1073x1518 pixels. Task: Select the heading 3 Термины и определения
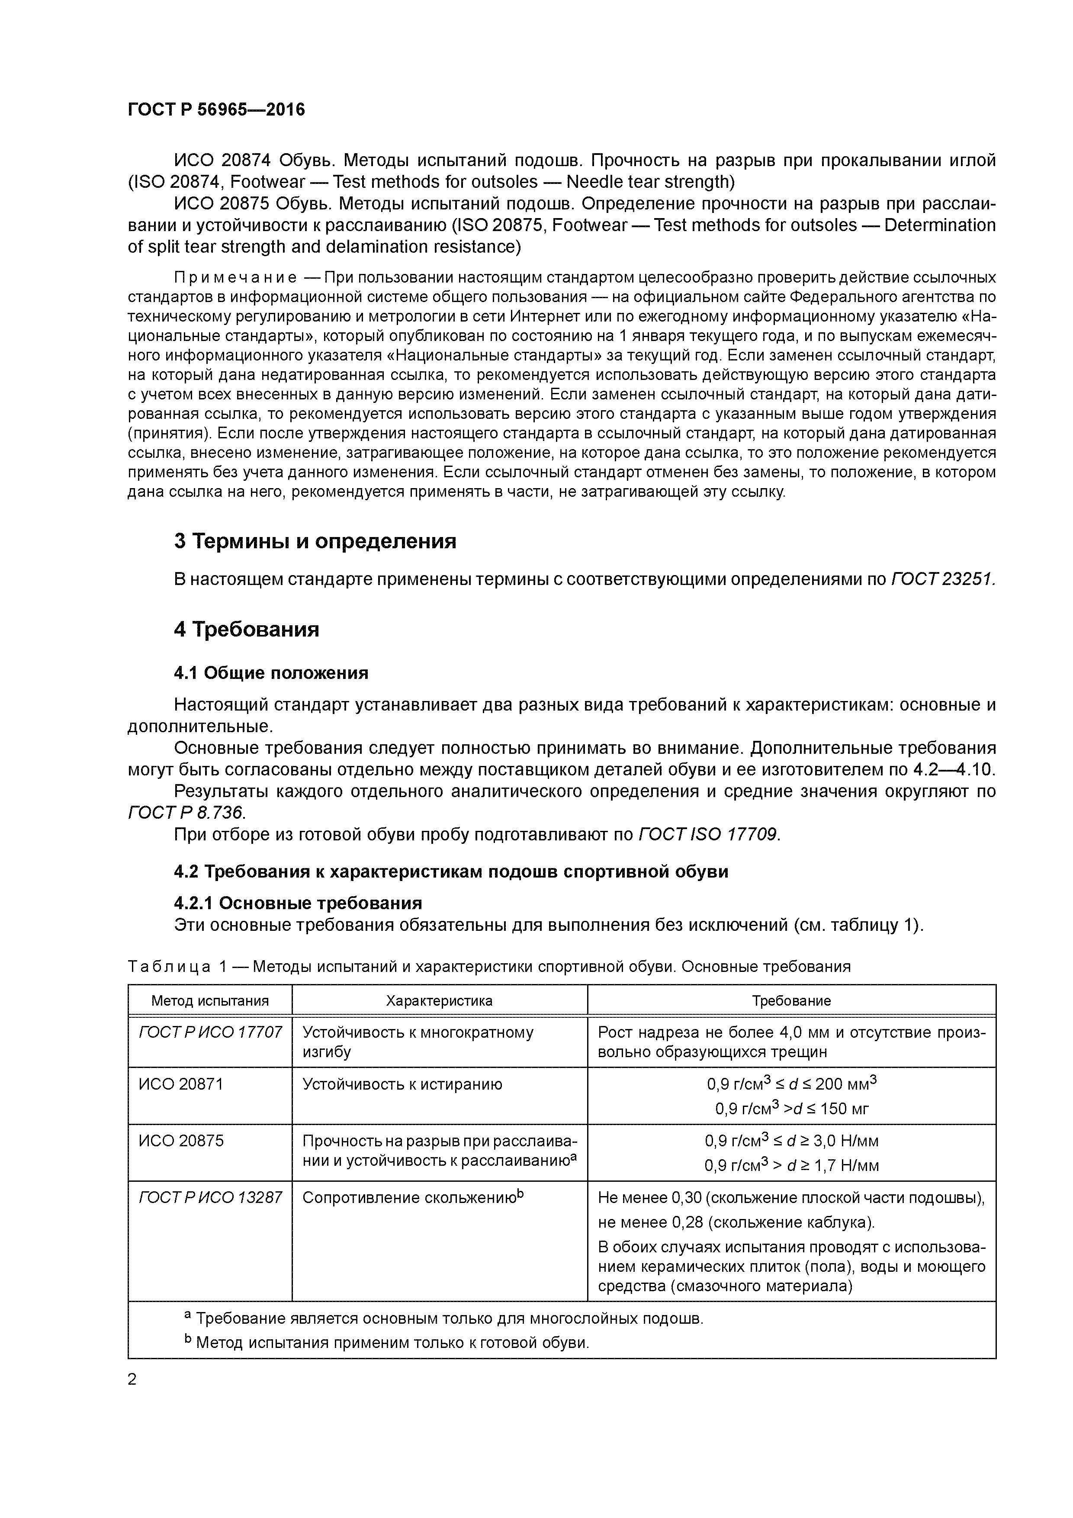coord(315,541)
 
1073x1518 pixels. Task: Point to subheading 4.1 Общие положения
coord(271,673)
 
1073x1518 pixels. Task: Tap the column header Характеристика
coord(439,1000)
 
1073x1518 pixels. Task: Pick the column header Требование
coord(791,1000)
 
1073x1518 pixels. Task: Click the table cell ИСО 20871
coord(180,1084)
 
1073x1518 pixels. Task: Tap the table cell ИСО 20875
coord(180,1141)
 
